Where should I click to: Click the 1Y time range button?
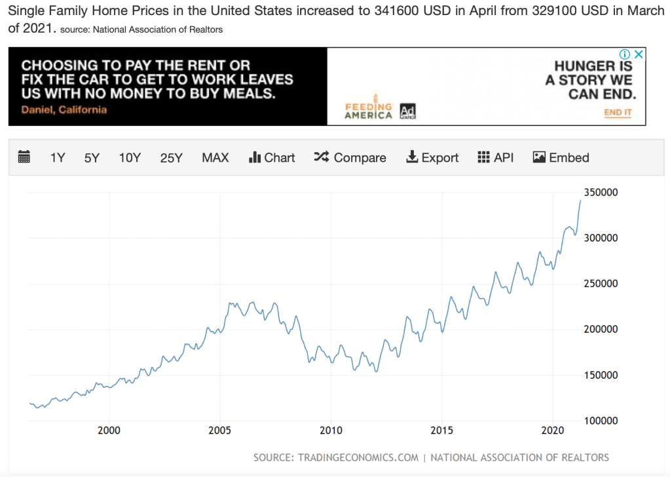click(x=58, y=158)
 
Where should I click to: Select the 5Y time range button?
click(x=92, y=158)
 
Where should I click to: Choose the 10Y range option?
click(x=130, y=158)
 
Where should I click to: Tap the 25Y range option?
click(x=171, y=158)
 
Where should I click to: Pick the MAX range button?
click(x=215, y=158)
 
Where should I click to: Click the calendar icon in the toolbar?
click(x=24, y=157)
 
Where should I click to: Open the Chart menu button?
click(x=272, y=158)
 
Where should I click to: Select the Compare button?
click(x=350, y=158)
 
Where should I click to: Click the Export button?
click(x=432, y=158)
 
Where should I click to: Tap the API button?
click(x=496, y=158)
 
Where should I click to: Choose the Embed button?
click(x=561, y=158)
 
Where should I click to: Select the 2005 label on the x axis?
click(x=220, y=430)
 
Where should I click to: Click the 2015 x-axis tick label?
click(x=442, y=430)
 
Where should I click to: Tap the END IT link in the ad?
click(x=618, y=113)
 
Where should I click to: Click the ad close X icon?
click(x=639, y=54)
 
